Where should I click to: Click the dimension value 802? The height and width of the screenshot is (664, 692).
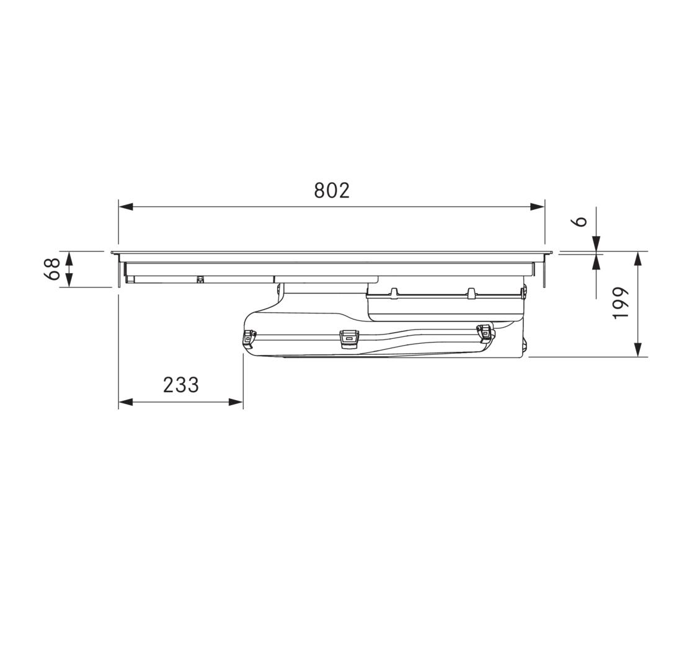tap(332, 191)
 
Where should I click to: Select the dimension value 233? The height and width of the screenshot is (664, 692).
tap(181, 385)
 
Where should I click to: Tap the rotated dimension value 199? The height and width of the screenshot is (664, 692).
tap(620, 303)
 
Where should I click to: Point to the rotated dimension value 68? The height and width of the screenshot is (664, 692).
tap(51, 269)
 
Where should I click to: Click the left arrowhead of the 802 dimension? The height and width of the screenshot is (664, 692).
tap(126, 206)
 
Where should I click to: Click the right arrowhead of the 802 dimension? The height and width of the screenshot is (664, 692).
tap(537, 206)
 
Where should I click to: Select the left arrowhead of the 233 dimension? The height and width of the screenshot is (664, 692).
tap(126, 401)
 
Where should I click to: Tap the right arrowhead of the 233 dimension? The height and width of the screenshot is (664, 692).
tap(236, 401)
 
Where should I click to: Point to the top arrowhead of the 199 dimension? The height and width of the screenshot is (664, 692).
tap(637, 260)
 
